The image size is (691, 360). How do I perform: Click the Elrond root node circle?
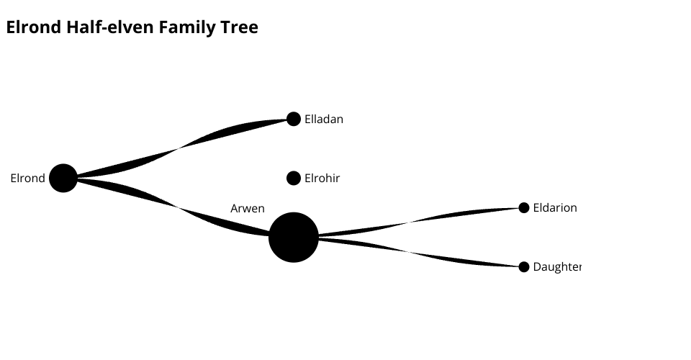63,178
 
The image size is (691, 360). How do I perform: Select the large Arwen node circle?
294,237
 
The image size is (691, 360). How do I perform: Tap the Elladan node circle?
294,119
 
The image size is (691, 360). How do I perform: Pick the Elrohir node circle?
294,178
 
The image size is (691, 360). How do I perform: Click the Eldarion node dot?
523,207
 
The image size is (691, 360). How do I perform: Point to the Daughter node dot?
523,266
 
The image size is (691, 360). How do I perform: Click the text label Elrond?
28,178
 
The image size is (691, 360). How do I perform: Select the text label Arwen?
248,208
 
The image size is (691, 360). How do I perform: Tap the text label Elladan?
324,119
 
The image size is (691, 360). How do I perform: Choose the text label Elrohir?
322,178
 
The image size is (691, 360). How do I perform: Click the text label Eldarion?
555,207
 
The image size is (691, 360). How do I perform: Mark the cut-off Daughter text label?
557,267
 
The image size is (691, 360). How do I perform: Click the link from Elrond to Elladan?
179,148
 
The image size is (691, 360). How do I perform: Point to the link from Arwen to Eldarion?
407,222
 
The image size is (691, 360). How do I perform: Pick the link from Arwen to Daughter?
407,251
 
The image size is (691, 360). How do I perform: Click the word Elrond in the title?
34,27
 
